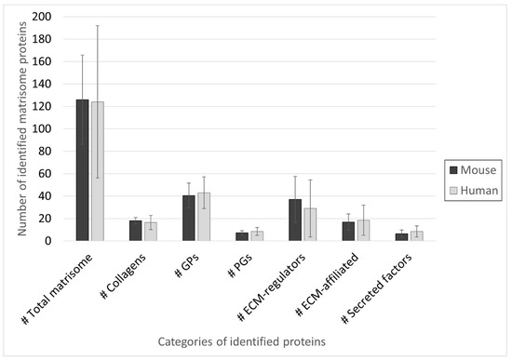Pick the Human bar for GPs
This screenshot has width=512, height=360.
click(204, 217)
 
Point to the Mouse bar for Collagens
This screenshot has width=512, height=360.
click(136, 231)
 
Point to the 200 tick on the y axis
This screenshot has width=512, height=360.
click(41, 17)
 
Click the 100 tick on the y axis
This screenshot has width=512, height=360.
click(41, 129)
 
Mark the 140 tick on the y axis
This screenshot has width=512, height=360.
click(41, 84)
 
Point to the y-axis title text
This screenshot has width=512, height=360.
click(18, 128)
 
